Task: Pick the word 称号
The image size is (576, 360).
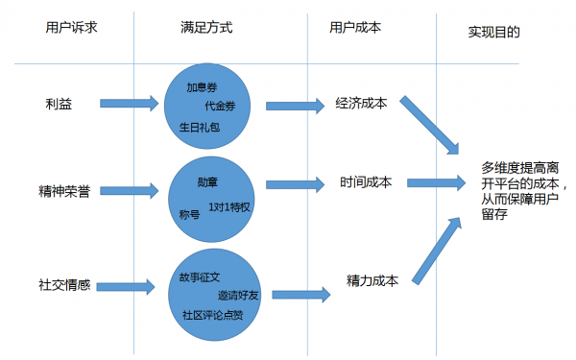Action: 189,212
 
